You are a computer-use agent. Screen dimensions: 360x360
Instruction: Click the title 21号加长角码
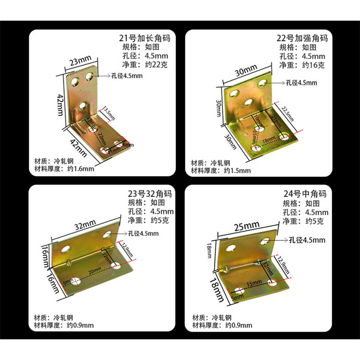[x=144, y=38]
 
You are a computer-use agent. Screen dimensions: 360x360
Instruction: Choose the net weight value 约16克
[x=315, y=65]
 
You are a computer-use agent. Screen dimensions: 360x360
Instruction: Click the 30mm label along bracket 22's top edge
[x=246, y=72]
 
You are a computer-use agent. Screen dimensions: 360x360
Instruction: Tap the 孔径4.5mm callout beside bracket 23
[x=143, y=234]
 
